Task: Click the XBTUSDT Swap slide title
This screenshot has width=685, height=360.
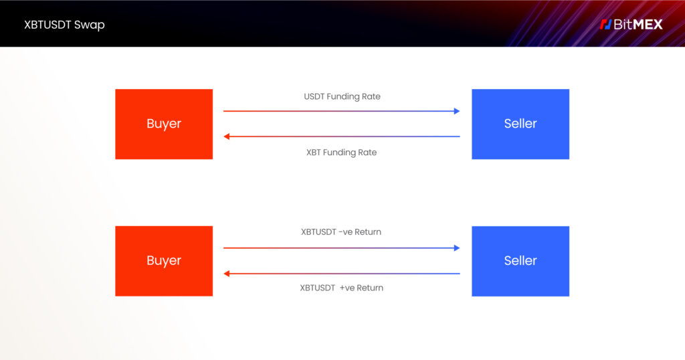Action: tap(64, 25)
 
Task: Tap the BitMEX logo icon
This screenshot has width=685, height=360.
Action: tap(605, 25)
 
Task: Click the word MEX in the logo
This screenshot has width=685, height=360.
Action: tap(648, 25)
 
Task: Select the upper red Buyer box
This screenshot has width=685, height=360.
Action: tap(164, 124)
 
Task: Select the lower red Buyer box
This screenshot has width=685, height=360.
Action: tap(164, 261)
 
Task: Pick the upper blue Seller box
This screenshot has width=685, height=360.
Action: tap(520, 124)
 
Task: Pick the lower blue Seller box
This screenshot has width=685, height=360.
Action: tap(520, 261)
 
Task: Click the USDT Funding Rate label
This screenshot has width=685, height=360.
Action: tap(342, 96)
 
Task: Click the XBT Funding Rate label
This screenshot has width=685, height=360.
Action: tap(341, 153)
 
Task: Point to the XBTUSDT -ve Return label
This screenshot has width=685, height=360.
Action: tap(340, 232)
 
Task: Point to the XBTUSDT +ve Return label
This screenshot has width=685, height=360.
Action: tap(341, 288)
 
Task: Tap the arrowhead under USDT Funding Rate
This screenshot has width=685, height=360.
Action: tap(457, 111)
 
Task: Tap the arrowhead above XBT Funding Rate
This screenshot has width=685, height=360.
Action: tap(226, 137)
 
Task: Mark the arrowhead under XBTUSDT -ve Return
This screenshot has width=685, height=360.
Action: tap(457, 248)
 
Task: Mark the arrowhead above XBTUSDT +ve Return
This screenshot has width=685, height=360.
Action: tap(226, 274)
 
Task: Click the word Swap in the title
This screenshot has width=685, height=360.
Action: tap(89, 25)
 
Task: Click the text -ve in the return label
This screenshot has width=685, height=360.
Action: tap(346, 232)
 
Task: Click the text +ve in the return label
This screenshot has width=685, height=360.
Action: tap(347, 288)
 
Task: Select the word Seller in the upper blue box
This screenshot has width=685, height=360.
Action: tap(520, 124)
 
